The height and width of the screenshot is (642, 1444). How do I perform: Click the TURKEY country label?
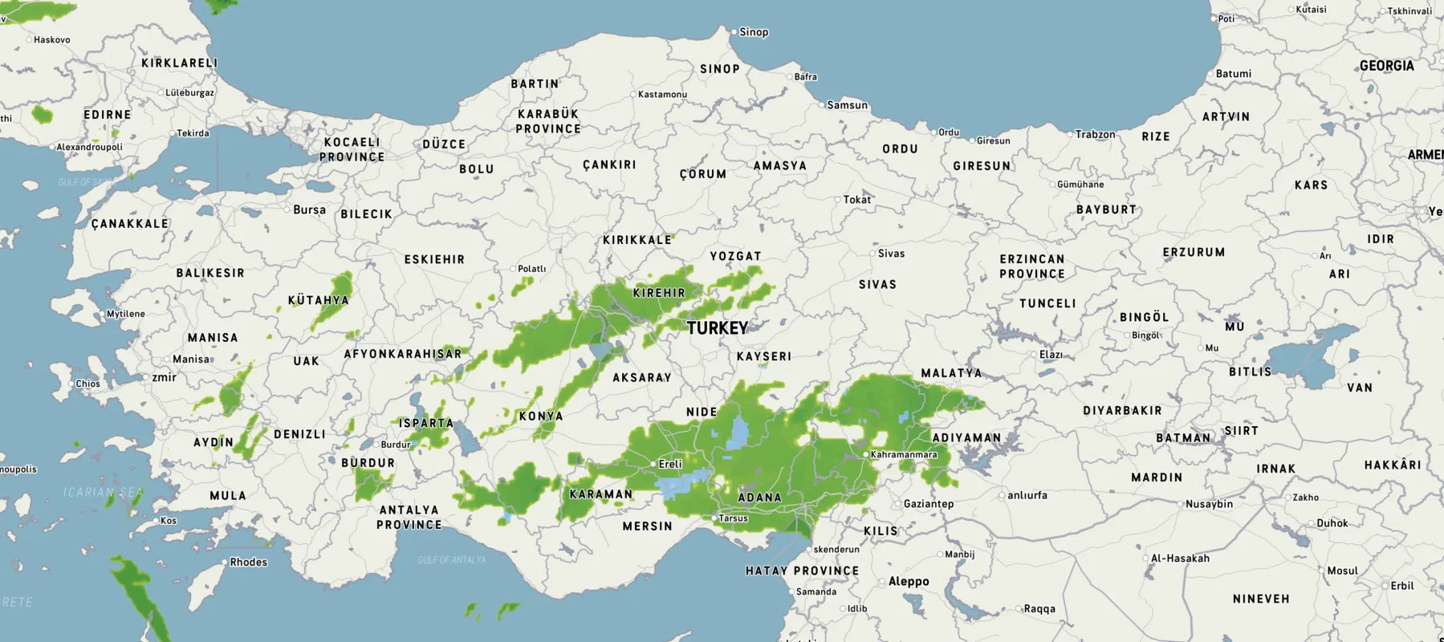pos(717,328)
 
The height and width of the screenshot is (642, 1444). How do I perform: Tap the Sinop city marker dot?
pos(734,31)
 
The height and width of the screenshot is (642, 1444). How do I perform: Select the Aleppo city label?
pos(909,581)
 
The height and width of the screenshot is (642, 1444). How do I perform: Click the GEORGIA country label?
pos(1386,66)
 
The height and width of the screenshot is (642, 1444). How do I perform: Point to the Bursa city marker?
pos(287,209)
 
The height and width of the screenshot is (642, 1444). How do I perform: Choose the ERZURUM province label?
pos(1194,252)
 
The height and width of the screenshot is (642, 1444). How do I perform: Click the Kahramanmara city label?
pos(904,454)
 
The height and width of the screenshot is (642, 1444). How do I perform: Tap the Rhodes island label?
pos(248,562)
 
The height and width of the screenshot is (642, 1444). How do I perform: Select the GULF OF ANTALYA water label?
pos(451,559)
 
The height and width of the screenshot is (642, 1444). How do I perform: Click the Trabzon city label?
pos(1095,134)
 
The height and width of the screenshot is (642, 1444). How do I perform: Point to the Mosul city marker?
pos(1322,571)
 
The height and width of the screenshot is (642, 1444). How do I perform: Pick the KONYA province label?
pos(540,416)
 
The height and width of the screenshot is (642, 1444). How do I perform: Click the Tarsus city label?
pos(733,518)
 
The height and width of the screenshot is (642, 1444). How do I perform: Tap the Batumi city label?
pos(1233,73)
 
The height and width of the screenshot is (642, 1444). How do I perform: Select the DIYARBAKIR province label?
pos(1122,410)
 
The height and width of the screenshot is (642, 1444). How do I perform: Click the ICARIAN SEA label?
pos(104,492)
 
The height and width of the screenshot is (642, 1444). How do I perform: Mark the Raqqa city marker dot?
pos(1019,608)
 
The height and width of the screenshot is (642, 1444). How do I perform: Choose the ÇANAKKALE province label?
pos(129,223)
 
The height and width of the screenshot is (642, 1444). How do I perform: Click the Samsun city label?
pos(847,105)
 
